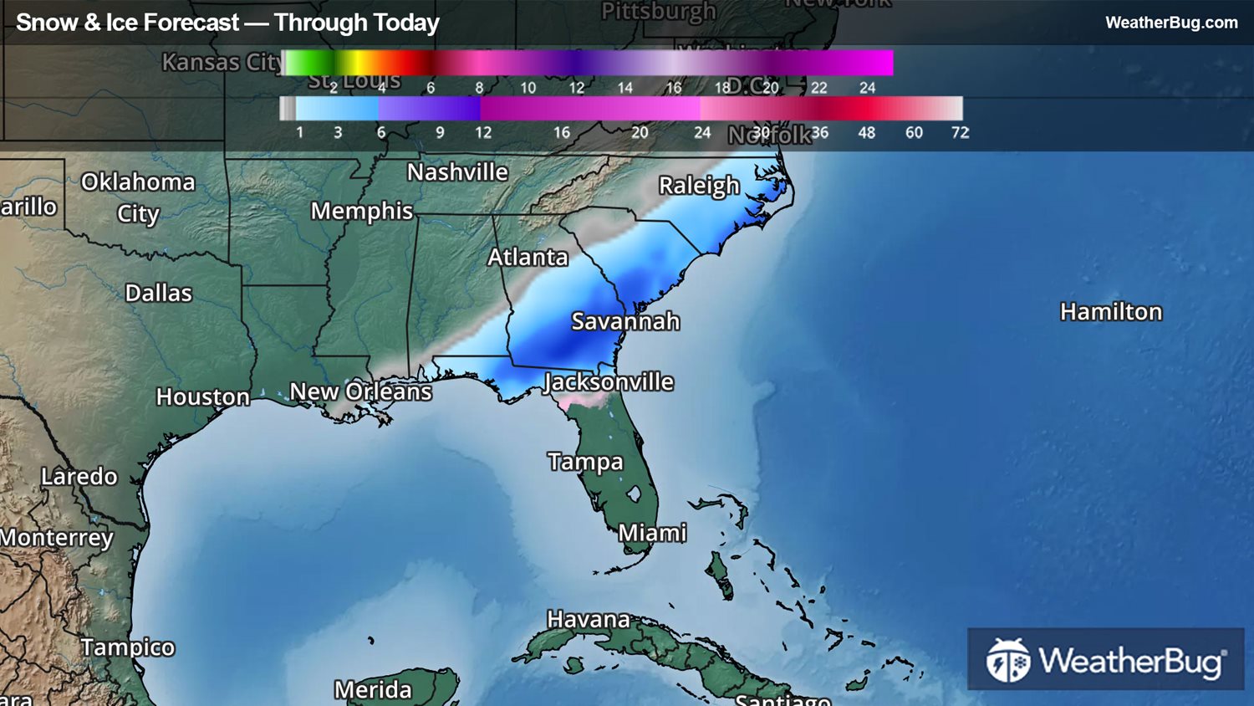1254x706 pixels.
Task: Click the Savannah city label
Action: [625, 321]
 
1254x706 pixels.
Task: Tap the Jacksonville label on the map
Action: [609, 382]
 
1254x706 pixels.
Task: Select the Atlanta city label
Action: [528, 258]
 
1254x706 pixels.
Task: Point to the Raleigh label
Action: [699, 186]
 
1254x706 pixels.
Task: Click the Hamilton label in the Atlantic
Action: [1111, 312]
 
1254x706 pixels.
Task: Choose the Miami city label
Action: [652, 533]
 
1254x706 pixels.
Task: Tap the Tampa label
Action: [585, 462]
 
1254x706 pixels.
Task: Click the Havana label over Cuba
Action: [589, 620]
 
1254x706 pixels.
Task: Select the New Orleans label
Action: [360, 391]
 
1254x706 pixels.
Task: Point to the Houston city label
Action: [203, 396]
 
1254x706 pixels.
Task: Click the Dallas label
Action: [159, 294]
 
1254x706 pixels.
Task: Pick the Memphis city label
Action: [362, 212]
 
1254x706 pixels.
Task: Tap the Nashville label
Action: [457, 172]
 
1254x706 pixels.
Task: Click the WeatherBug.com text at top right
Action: [1171, 23]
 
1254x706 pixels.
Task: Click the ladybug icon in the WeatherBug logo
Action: [1008, 660]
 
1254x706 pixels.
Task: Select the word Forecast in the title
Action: [191, 23]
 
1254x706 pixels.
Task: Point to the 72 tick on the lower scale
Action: [960, 132]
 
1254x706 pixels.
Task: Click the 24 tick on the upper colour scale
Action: [868, 88]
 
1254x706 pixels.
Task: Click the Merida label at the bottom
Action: [373, 690]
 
